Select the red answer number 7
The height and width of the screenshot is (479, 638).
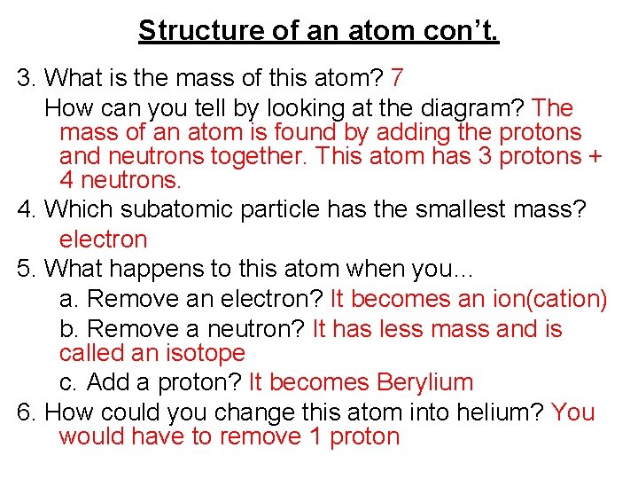396,78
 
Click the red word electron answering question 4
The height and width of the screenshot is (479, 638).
103,239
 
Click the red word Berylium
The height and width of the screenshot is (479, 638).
424,383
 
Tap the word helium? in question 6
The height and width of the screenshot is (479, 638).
500,412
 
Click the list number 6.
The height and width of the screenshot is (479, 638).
24,412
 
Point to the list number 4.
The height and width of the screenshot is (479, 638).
24,210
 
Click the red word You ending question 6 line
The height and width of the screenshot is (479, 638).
572,412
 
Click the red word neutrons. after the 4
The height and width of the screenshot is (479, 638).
129,181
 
